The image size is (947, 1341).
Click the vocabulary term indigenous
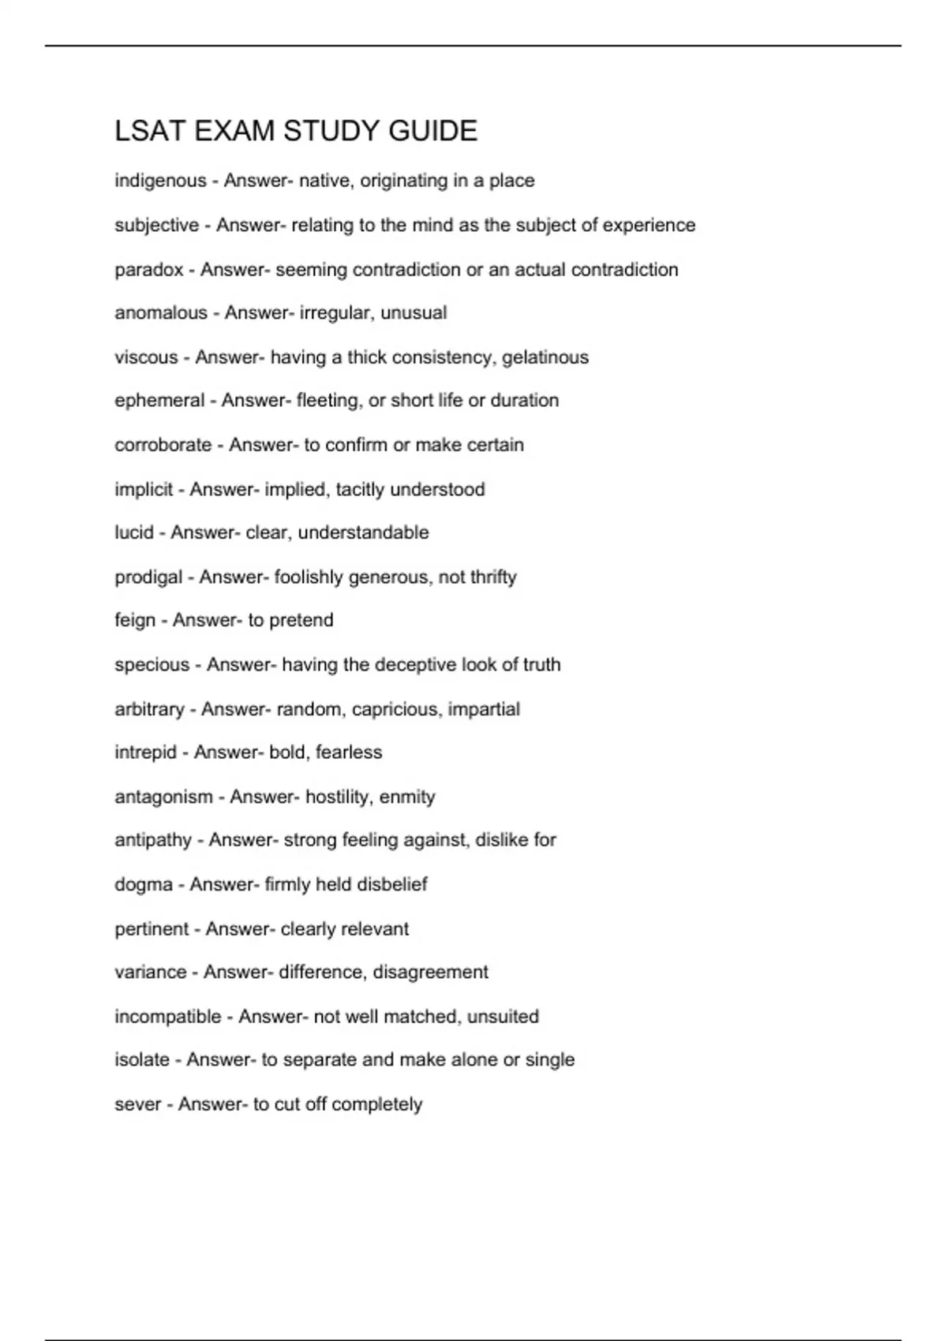[x=160, y=181]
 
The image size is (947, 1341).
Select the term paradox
[x=149, y=270]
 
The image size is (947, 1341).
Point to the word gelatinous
[x=545, y=357]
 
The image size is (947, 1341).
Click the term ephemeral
[x=159, y=401]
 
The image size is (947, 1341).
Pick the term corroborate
[x=163, y=445]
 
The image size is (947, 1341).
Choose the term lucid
[x=134, y=532]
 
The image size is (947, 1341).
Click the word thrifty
[x=493, y=577]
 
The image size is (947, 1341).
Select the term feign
[x=135, y=620]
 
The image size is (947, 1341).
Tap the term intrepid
[x=146, y=753]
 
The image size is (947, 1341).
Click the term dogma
[x=144, y=884]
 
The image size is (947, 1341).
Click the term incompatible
[x=168, y=1016]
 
